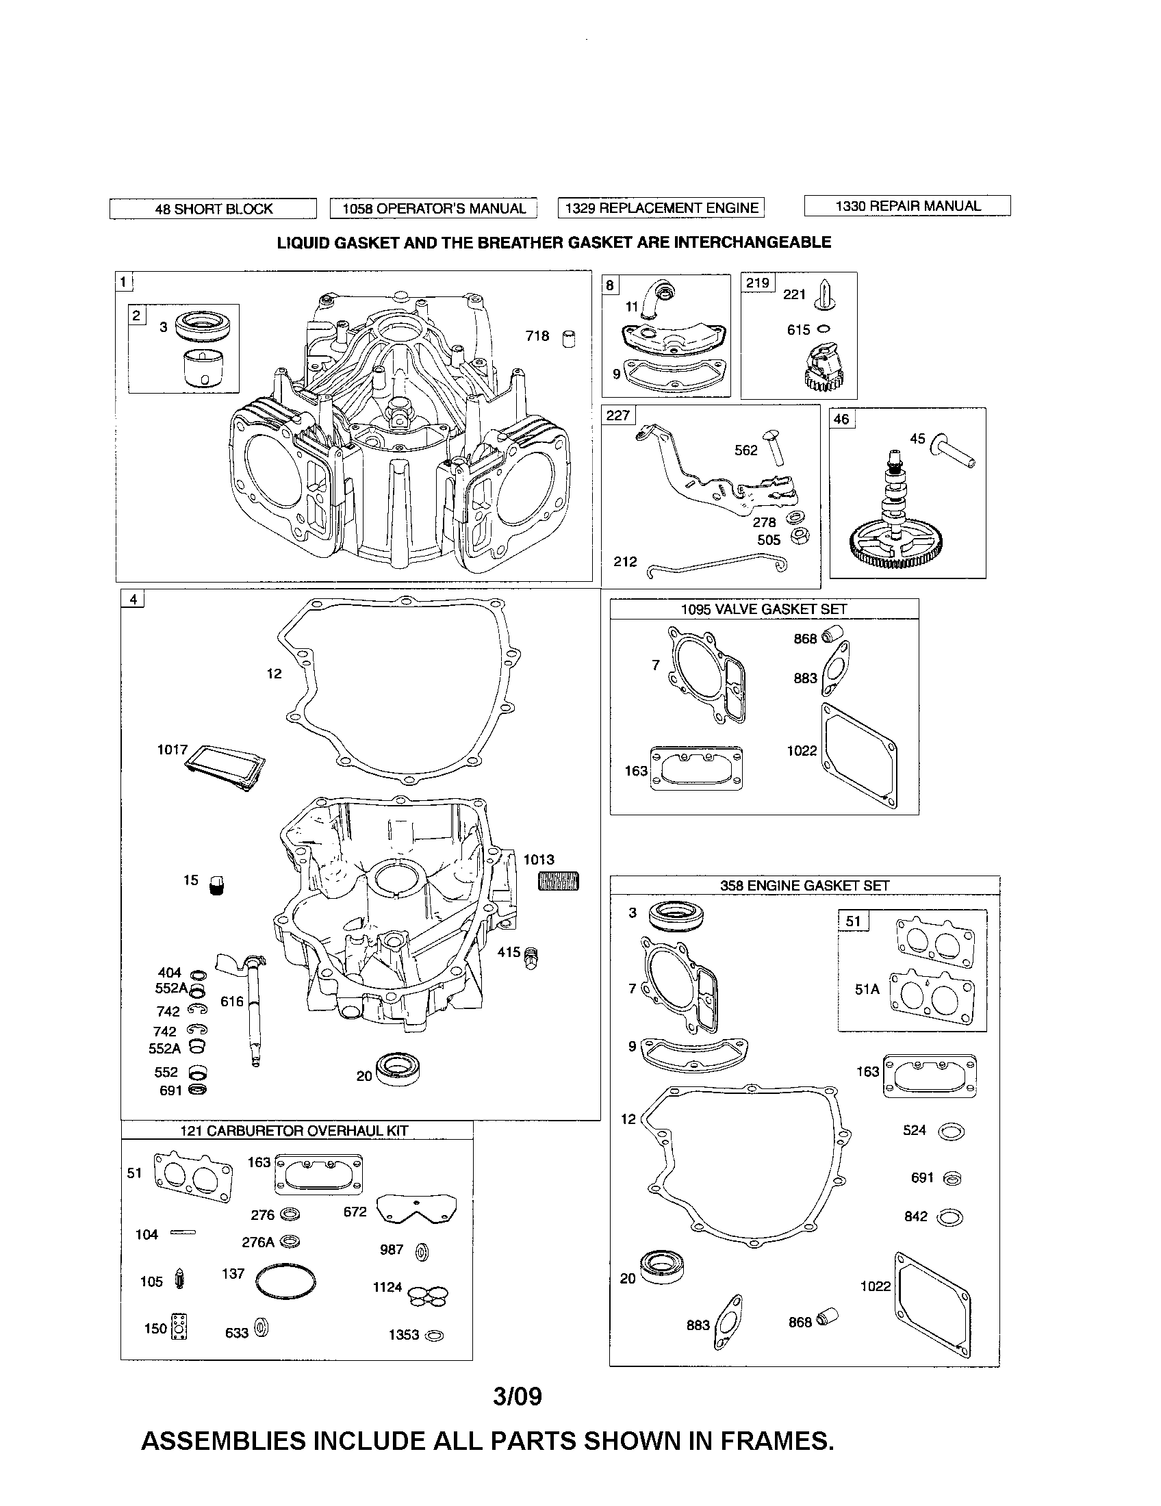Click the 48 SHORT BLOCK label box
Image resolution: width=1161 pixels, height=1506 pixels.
[213, 209]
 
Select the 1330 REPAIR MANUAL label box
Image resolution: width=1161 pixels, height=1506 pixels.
[907, 206]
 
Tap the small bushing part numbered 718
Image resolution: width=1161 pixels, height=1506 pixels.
[569, 339]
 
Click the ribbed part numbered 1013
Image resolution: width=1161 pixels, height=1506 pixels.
[558, 881]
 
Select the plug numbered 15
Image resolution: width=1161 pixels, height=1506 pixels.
[217, 884]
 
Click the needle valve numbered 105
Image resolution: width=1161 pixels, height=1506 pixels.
[181, 1281]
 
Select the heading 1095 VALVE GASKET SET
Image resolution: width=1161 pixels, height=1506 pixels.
[763, 609]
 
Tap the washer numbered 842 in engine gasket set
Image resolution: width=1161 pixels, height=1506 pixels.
[950, 1218]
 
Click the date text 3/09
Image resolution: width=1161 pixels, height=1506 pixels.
[518, 1396]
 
